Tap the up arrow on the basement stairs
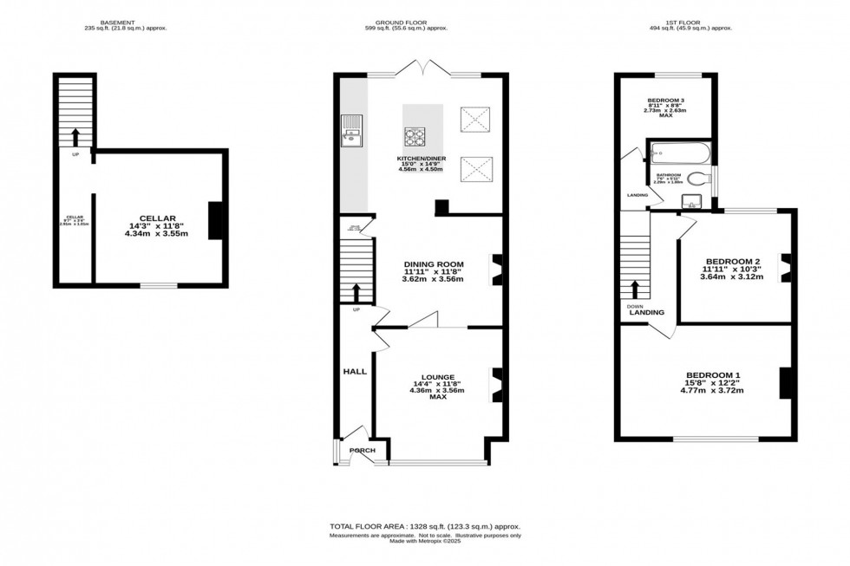(x=75, y=137)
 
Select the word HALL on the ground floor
(x=355, y=371)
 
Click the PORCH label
(x=362, y=451)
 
